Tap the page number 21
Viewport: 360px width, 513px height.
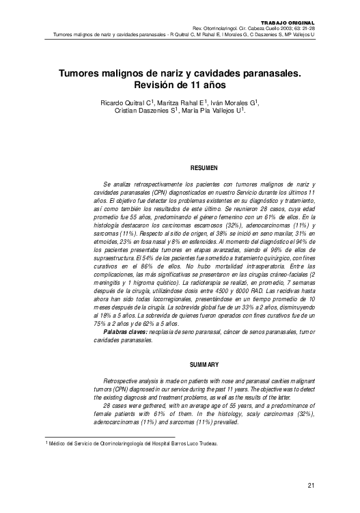(x=311, y=486)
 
